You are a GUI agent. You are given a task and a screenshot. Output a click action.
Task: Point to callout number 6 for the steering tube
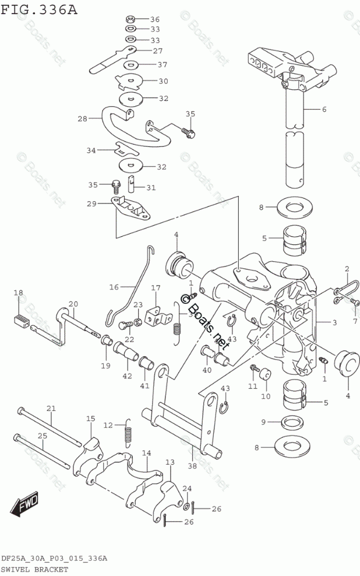tap(324, 109)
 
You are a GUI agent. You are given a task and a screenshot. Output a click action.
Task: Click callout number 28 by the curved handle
tap(82, 119)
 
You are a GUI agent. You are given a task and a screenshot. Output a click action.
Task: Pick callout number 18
tap(19, 293)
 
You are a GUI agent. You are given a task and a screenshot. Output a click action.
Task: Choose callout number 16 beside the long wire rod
tap(114, 287)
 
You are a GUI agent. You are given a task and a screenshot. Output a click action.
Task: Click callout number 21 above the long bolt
tap(51, 408)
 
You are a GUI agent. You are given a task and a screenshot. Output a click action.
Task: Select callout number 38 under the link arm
tap(193, 465)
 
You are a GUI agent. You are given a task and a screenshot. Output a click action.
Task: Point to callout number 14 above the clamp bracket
tap(146, 453)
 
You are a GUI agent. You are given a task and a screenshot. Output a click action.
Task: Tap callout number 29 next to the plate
tap(91, 203)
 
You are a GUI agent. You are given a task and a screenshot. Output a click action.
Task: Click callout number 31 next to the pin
tap(151, 187)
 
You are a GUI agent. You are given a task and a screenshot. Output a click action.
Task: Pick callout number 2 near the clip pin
tap(347, 269)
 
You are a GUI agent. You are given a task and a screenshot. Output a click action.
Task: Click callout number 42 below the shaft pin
tap(127, 376)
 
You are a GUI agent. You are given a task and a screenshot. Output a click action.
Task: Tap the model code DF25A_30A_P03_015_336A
tap(54, 558)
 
